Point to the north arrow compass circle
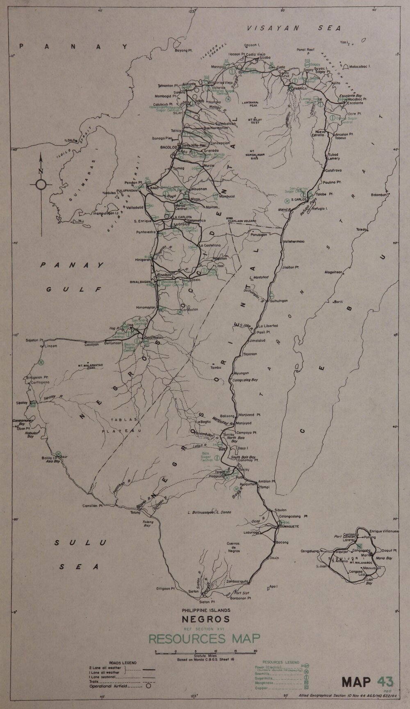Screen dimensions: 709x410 click(41, 185)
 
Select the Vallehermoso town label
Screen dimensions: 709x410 click(294, 242)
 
